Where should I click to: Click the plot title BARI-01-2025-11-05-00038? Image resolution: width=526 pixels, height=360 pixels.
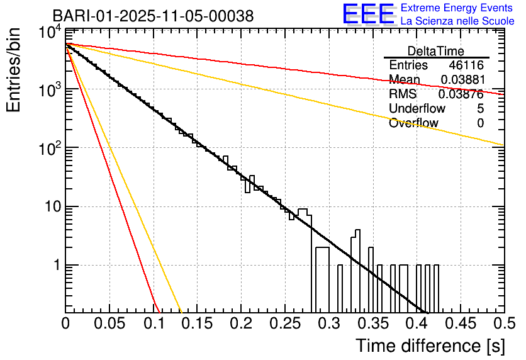(x=153, y=16)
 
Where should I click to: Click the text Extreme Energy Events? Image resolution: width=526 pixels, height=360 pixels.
(x=457, y=8)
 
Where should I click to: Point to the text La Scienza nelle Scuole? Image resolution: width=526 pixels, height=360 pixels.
(x=457, y=21)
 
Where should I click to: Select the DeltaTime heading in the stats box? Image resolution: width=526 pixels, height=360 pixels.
(x=436, y=51)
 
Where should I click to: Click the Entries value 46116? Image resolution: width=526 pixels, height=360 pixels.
(x=466, y=65)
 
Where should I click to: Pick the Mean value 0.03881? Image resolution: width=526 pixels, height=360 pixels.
(x=462, y=80)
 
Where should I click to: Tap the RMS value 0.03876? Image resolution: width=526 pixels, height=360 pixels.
(x=462, y=94)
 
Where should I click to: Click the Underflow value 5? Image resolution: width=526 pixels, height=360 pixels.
(x=480, y=109)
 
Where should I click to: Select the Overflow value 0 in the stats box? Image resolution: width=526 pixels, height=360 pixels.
(x=480, y=123)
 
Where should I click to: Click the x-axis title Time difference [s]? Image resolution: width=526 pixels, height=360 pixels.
(x=430, y=346)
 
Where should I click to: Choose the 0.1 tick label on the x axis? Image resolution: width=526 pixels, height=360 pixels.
(x=154, y=323)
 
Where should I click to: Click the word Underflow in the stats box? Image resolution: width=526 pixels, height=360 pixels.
(x=413, y=109)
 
